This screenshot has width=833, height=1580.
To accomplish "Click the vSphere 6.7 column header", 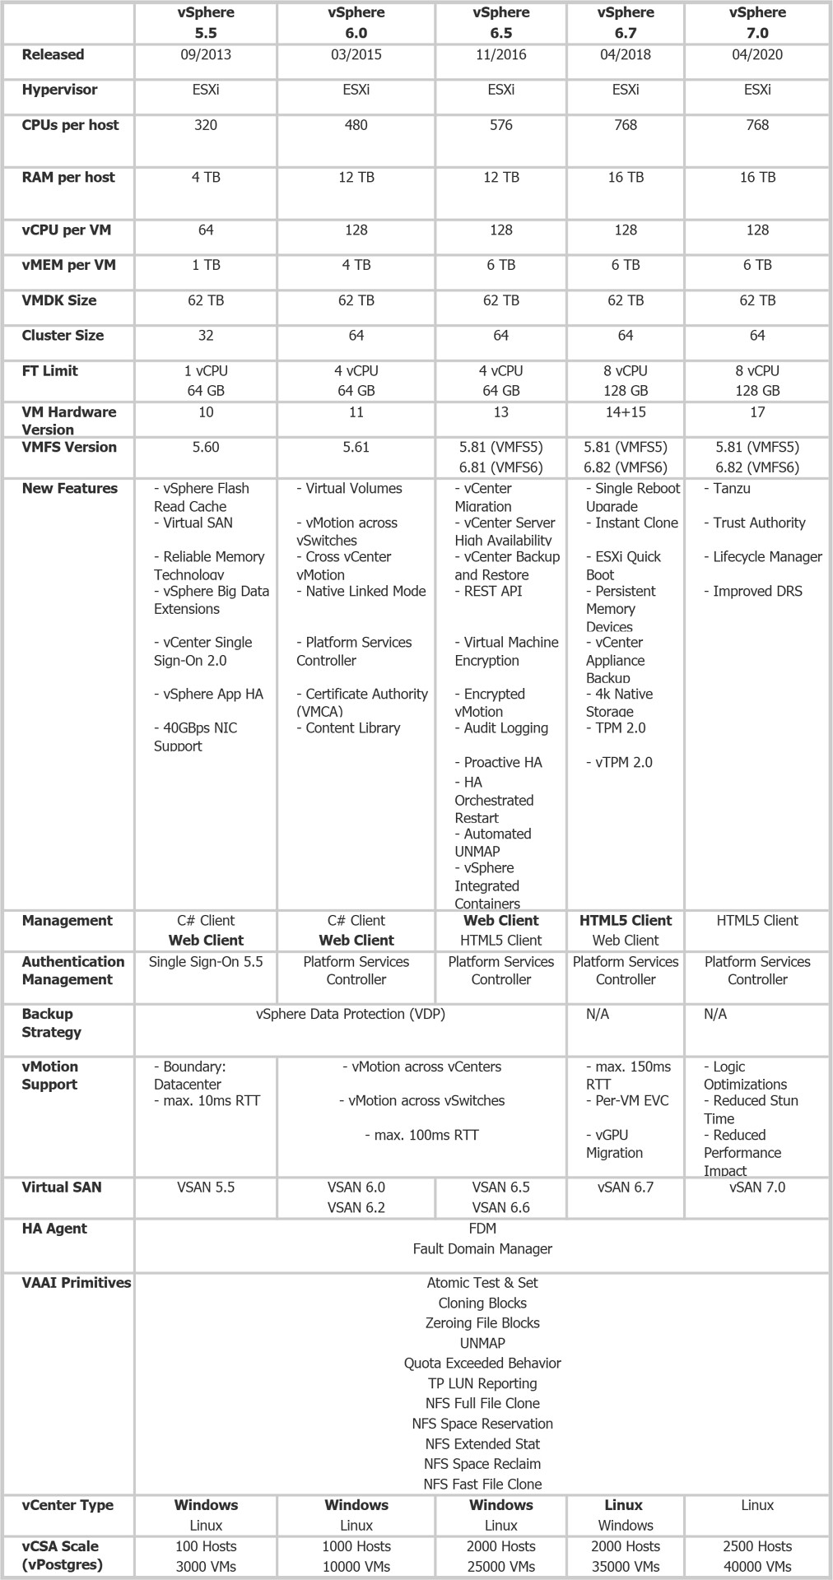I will [626, 23].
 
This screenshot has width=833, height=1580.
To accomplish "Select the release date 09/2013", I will [206, 55].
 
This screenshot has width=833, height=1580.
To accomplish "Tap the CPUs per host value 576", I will [500, 125].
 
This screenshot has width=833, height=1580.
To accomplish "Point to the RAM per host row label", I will [68, 178].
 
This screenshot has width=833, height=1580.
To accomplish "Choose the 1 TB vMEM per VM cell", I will [206, 265].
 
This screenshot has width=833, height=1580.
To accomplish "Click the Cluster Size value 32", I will [206, 336].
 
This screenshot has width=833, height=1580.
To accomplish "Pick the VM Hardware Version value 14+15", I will [626, 412].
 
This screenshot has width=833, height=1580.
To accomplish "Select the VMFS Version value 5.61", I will [356, 448].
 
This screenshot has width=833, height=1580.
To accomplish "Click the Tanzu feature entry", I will [728, 489].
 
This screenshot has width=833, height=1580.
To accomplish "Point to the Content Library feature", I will [349, 728].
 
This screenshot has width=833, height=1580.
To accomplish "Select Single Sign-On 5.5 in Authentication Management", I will [206, 962].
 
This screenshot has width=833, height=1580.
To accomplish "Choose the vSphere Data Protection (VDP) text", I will [351, 1015].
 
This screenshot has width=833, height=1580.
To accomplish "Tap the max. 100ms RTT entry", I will [421, 1136].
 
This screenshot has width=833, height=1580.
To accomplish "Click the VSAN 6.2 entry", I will [356, 1208].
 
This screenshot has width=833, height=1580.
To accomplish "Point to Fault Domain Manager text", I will [482, 1249].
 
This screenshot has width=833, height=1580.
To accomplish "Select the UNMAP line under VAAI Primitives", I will [482, 1343].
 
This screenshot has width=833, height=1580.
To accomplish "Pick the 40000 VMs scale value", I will [757, 1567].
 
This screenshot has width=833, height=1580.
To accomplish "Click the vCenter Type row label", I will [67, 1505].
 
